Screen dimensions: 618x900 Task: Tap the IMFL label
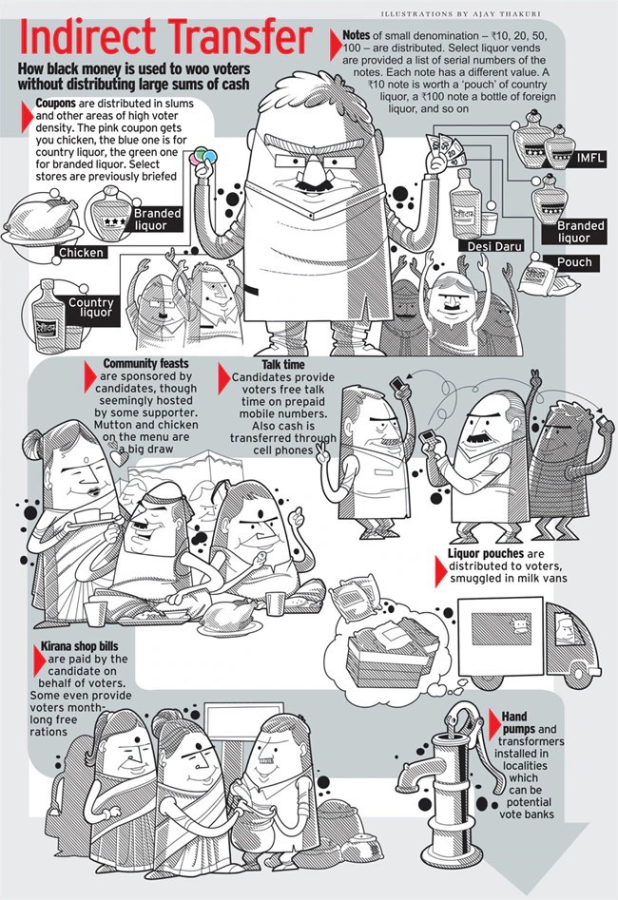click(x=590, y=157)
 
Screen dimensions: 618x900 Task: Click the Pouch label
click(x=574, y=262)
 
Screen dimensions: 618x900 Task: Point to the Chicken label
click(x=81, y=252)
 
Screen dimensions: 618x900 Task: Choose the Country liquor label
click(x=90, y=307)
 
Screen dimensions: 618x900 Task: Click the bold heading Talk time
click(x=283, y=365)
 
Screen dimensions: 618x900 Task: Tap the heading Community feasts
click(x=145, y=363)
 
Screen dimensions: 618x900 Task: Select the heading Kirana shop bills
click(x=80, y=646)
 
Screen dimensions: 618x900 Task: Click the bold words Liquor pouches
click(x=486, y=553)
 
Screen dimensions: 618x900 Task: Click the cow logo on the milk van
click(x=521, y=622)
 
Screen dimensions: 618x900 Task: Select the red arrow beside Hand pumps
click(x=493, y=724)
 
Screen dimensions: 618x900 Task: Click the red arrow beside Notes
click(x=336, y=45)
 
